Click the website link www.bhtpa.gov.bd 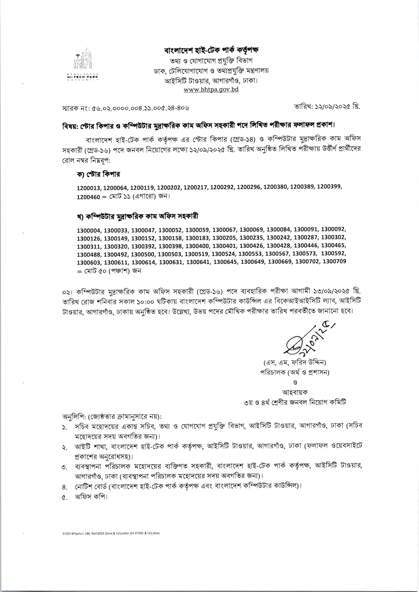tap(211, 90)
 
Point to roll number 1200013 tap(89, 188)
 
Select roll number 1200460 tap(88, 197)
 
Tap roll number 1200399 tap(329, 187)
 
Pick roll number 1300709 tap(334, 261)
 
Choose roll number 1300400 tap(198, 246)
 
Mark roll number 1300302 tap(333, 237)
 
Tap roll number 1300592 tap(333, 253)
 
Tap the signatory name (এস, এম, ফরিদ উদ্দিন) tap(295, 363)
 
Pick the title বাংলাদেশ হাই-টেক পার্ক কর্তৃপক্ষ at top tap(211, 50)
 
